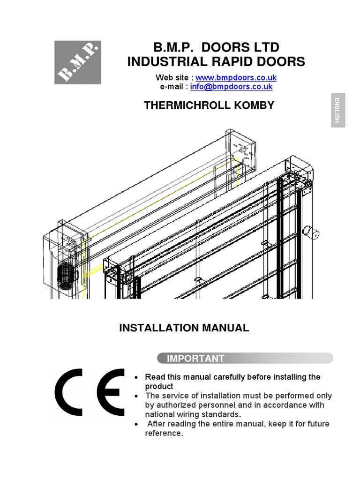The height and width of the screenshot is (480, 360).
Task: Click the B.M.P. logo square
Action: pos(78,62)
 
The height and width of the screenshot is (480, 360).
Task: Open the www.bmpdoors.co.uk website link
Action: pos(236,77)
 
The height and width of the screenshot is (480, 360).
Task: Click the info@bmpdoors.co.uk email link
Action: pos(231,87)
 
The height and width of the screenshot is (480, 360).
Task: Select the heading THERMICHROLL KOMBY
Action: pos(209,105)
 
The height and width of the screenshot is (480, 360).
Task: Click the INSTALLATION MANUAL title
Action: pos(184,328)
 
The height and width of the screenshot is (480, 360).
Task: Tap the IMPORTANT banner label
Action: pos(196,359)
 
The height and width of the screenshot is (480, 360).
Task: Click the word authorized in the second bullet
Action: pos(174,405)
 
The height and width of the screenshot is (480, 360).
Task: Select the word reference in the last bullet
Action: pos(163,433)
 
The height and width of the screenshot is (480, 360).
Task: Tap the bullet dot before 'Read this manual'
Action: pos(136,377)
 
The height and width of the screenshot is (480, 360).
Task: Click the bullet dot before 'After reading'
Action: pos(136,424)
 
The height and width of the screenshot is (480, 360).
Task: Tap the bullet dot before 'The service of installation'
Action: pos(136,396)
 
